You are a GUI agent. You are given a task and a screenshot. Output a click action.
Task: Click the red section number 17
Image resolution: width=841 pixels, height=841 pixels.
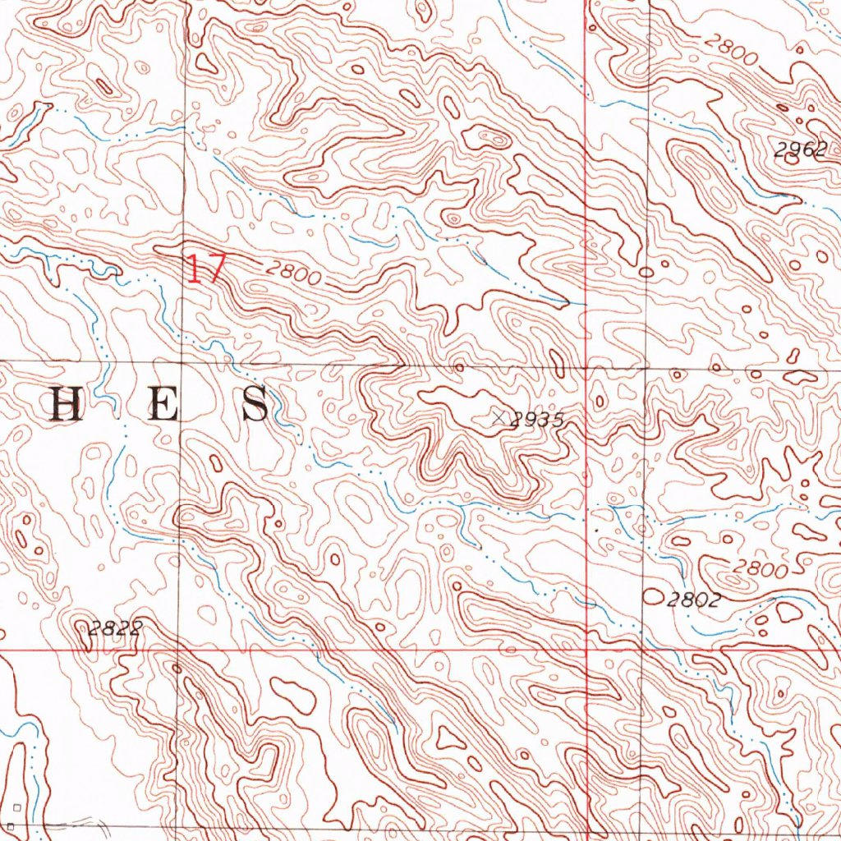pyautogui.click(x=205, y=269)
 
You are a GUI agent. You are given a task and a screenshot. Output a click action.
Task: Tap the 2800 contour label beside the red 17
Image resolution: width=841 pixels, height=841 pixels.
pyautogui.click(x=293, y=274)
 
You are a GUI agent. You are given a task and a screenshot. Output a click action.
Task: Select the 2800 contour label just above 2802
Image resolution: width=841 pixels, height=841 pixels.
pyautogui.click(x=761, y=568)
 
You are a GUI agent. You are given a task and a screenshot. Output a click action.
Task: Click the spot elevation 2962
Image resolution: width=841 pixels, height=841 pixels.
pyautogui.click(x=798, y=149)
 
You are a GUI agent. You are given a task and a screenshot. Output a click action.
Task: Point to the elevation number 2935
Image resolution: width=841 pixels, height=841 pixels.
pyautogui.click(x=536, y=420)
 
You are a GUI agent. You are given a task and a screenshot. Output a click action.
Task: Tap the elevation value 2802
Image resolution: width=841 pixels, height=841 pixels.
pyautogui.click(x=693, y=600)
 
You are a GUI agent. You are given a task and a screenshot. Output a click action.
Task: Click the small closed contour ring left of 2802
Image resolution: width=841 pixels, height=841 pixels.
pyautogui.click(x=654, y=595)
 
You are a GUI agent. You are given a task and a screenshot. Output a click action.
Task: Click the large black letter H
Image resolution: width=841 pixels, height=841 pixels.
pyautogui.click(x=67, y=405)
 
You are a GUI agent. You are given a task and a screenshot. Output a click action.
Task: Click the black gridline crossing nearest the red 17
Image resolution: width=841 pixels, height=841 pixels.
pyautogui.click(x=182, y=361)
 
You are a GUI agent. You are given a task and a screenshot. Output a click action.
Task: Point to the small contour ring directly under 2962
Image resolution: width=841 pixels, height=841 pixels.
pyautogui.click(x=791, y=161)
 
